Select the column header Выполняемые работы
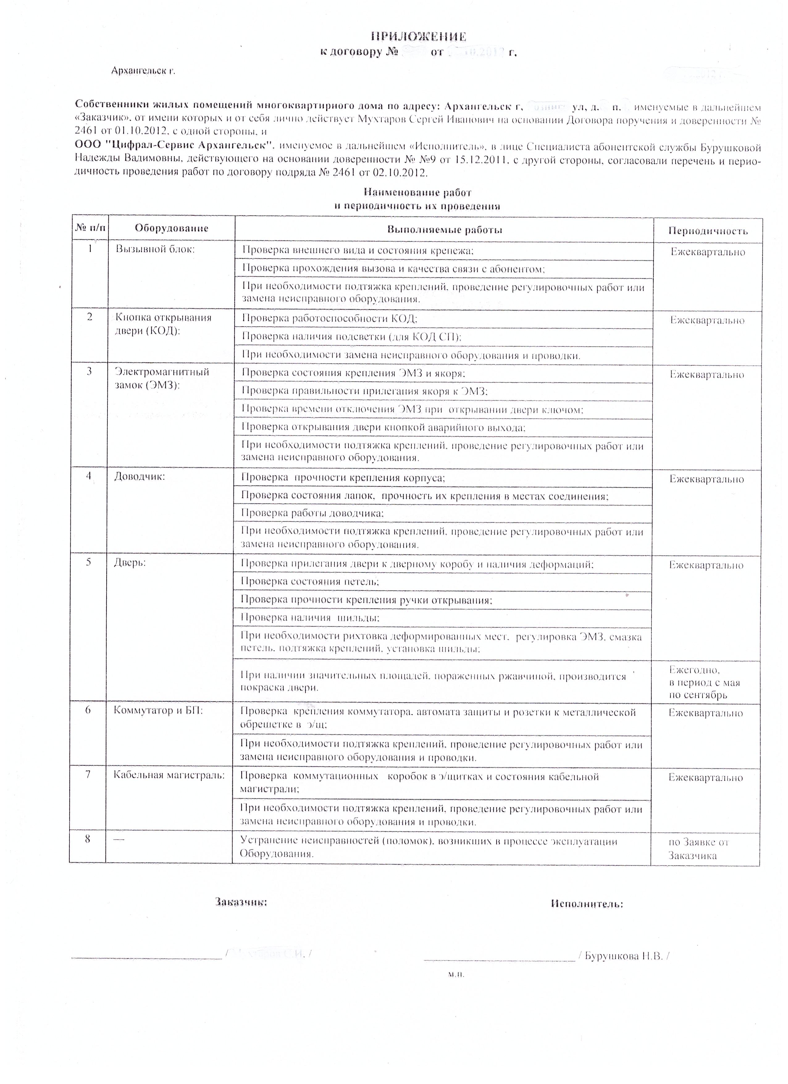[444, 230]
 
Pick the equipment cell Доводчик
[140, 476]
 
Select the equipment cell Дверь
[129, 563]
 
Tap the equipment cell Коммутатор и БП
[158, 711]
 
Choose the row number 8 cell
[87, 838]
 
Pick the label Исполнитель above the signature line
[587, 904]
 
